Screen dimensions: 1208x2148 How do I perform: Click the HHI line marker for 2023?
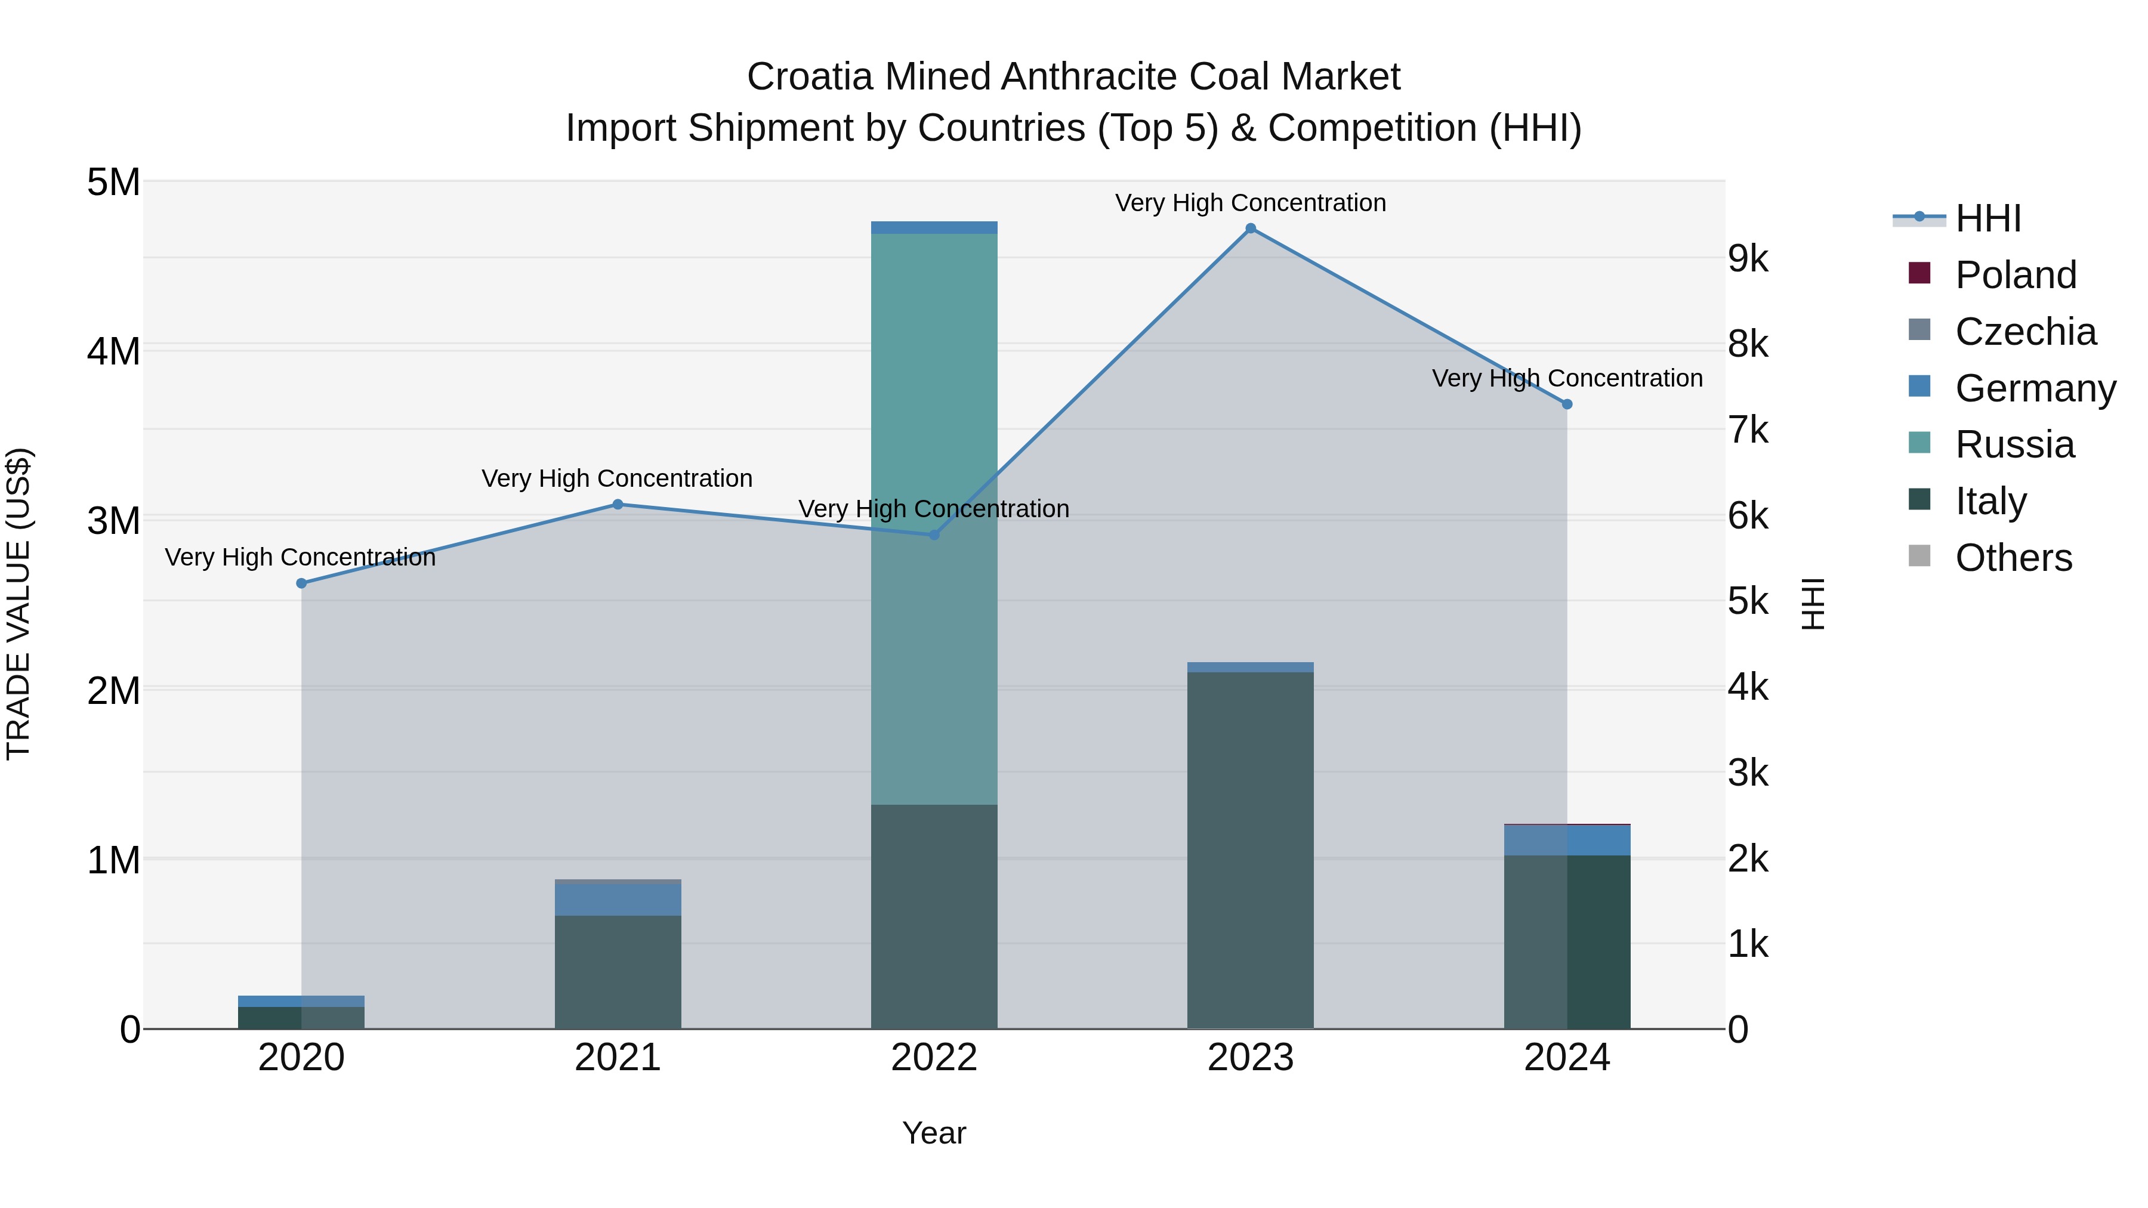coord(1250,228)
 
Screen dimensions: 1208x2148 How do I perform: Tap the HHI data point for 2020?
coord(302,583)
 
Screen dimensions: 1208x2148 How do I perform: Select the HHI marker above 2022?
coord(934,535)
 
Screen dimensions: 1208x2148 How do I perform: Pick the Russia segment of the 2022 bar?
coord(934,517)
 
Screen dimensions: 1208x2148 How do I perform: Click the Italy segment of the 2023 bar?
coord(1250,850)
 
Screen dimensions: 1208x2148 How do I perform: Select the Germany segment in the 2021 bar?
coord(618,900)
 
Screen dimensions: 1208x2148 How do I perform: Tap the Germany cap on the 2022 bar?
coord(934,228)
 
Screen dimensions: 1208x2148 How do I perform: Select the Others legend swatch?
coord(1919,556)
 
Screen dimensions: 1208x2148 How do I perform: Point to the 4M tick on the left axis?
coord(113,351)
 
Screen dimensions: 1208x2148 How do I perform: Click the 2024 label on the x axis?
coord(1566,1058)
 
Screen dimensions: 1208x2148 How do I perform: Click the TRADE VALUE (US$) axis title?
coord(18,604)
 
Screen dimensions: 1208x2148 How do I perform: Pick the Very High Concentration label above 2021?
coord(617,478)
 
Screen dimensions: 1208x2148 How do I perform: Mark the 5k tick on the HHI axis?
coord(1748,601)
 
